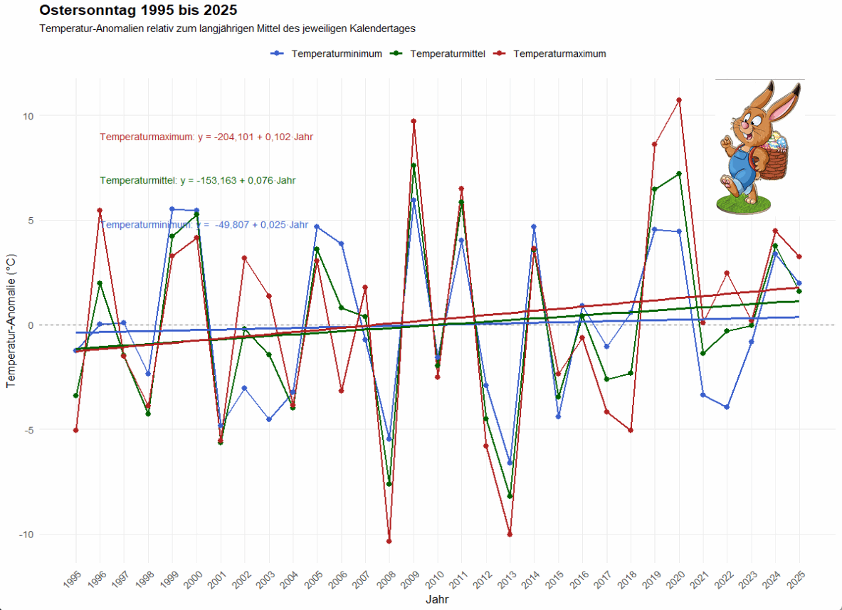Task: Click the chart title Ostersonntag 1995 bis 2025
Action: [x=138, y=11]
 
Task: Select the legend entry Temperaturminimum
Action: [x=336, y=53]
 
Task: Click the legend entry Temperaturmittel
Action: [x=448, y=53]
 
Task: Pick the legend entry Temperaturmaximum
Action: [x=559, y=53]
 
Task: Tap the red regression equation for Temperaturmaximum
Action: [x=206, y=137]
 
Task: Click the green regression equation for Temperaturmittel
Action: [x=198, y=181]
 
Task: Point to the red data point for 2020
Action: [x=679, y=100]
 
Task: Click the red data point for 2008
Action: [x=389, y=541]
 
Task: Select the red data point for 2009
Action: [x=414, y=121]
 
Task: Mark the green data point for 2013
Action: [x=510, y=496]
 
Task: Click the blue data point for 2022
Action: [x=727, y=407]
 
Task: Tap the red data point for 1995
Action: [x=75, y=430]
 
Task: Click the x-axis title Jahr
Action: [x=437, y=600]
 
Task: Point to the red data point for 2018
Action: [x=631, y=430]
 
